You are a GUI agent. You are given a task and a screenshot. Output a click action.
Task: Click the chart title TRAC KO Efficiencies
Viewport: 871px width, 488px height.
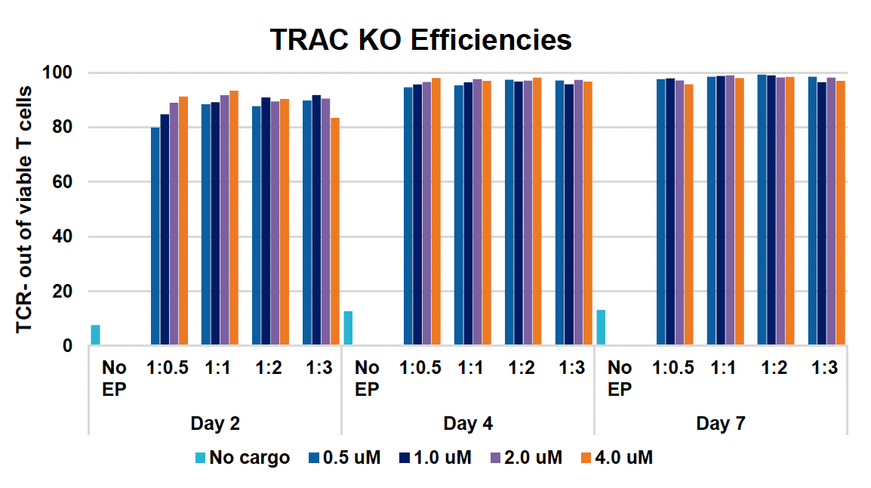tap(421, 40)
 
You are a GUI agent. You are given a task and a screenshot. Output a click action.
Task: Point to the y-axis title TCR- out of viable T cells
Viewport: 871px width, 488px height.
tap(24, 209)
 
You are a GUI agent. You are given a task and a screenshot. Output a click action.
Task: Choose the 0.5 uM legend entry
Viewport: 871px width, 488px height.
tap(345, 458)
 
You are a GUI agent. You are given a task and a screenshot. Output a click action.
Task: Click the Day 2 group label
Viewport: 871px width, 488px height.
tap(215, 424)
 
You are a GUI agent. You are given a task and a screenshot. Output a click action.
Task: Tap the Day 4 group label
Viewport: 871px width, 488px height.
tap(468, 424)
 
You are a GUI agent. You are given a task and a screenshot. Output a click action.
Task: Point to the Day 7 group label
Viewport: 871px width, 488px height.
tap(721, 424)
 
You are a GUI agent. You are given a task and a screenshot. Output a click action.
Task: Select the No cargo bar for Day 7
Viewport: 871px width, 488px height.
tap(601, 328)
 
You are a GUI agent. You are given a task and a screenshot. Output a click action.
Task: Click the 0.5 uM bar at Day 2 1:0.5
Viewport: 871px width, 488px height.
tap(155, 236)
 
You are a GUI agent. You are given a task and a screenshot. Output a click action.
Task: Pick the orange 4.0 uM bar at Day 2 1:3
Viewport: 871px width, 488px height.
tap(334, 232)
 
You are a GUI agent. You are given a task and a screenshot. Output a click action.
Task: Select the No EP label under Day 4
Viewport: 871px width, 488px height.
tap(367, 378)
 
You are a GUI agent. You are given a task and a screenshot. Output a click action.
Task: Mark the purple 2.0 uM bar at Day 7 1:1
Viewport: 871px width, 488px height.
tap(729, 211)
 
